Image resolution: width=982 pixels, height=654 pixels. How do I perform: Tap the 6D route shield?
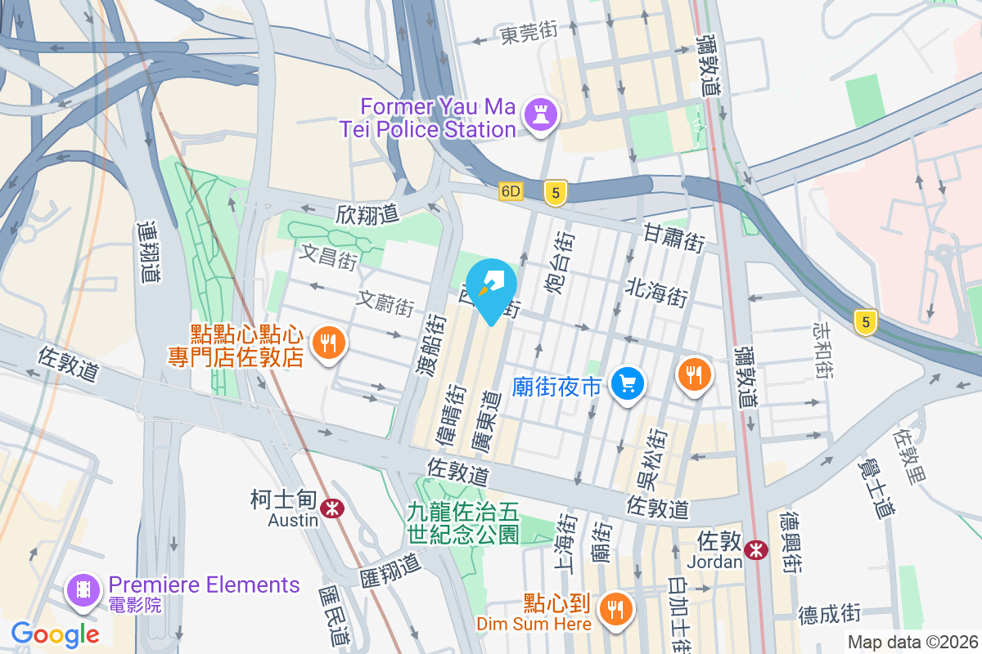pyautogui.click(x=511, y=191)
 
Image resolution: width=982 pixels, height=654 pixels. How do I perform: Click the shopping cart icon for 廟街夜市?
pyautogui.click(x=628, y=383)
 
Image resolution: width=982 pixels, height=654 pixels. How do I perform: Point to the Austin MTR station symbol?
pyautogui.click(x=332, y=508)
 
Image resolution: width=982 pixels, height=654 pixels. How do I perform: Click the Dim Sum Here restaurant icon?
pyautogui.click(x=613, y=608)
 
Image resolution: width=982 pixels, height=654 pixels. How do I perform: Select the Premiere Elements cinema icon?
pyautogui.click(x=83, y=589)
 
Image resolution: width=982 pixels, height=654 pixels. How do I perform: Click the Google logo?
pyautogui.click(x=55, y=634)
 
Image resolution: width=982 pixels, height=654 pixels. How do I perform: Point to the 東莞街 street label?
pyautogui.click(x=529, y=33)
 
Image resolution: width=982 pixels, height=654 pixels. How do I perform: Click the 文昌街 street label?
pyautogui.click(x=328, y=258)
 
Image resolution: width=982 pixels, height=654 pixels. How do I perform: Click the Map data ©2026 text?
pyautogui.click(x=912, y=643)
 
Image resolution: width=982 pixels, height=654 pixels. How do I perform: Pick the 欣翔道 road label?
pyautogui.click(x=367, y=214)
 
